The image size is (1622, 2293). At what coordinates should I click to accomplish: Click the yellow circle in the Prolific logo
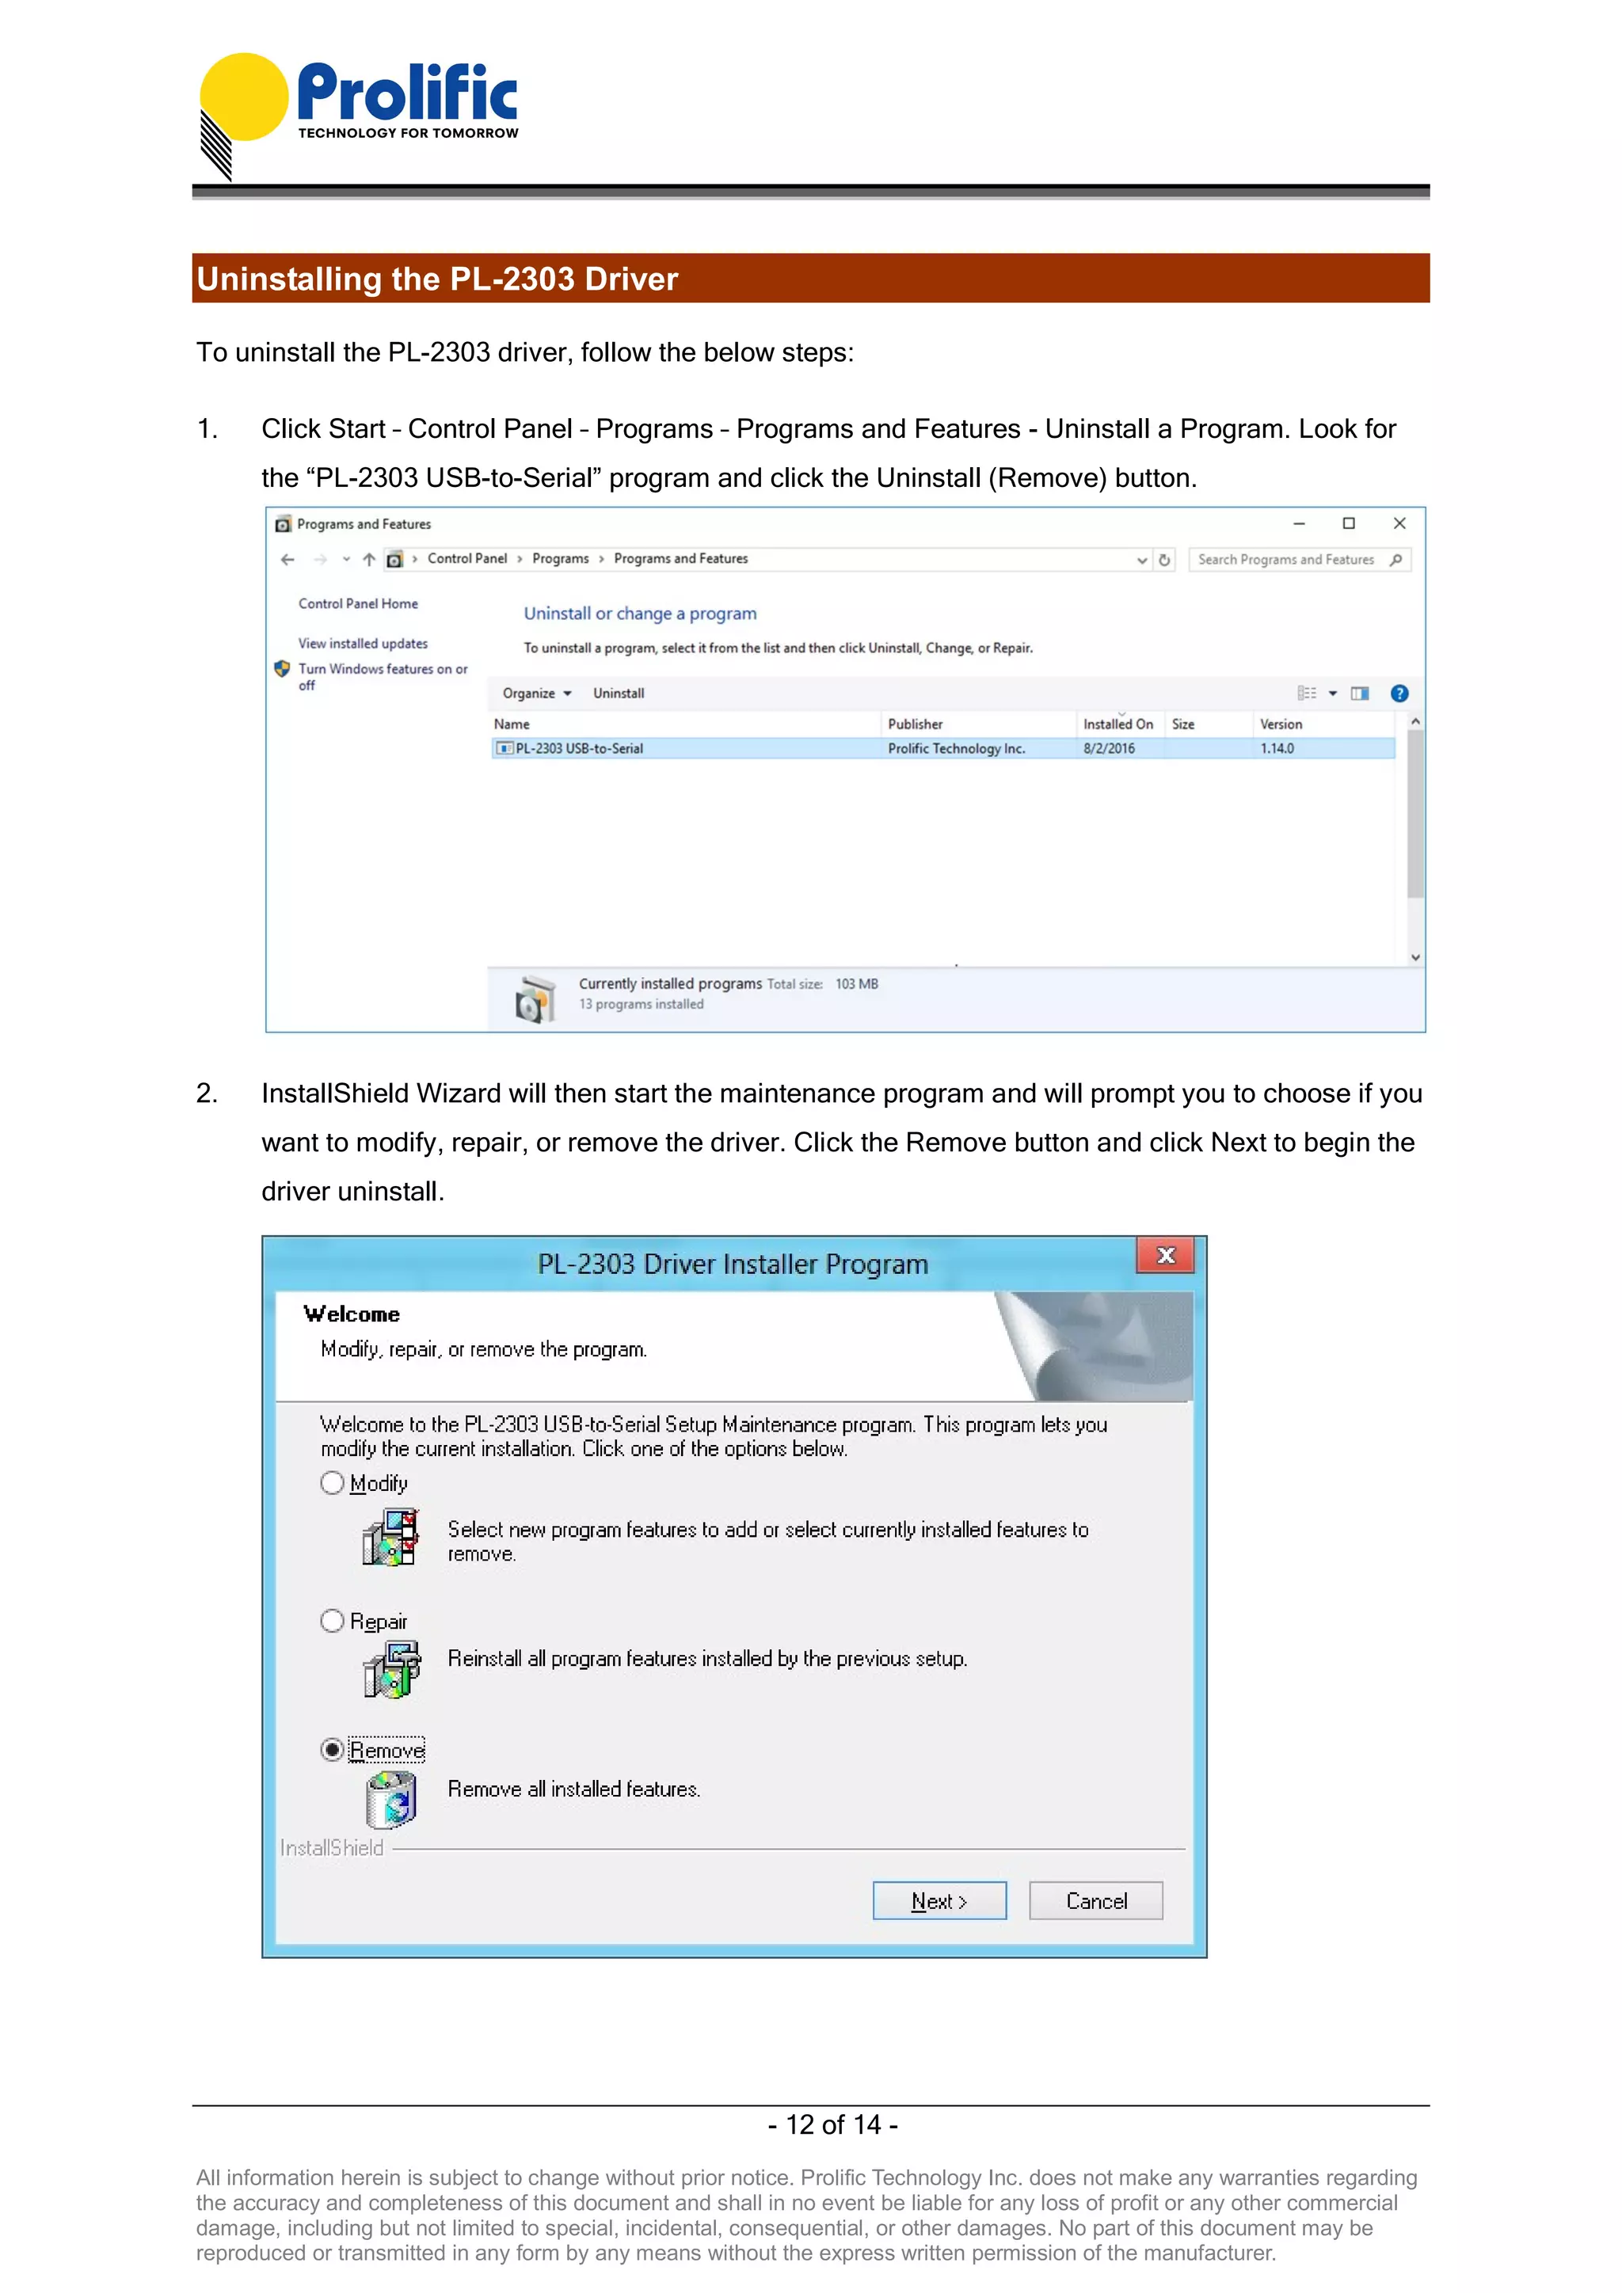pos(244,96)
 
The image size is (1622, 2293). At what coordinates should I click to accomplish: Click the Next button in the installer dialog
pos(939,1900)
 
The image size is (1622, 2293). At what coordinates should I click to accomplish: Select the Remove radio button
pos(333,1750)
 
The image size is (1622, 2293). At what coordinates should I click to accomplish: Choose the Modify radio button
pos(333,1482)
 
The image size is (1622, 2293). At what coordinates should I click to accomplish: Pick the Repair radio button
pos(333,1620)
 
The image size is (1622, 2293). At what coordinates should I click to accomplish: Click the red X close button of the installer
pos(1164,1255)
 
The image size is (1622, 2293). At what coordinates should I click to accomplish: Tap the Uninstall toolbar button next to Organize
pos(619,693)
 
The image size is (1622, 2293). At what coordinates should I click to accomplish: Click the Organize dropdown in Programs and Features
pos(536,693)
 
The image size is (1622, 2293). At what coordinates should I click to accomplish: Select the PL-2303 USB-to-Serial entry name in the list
pos(578,748)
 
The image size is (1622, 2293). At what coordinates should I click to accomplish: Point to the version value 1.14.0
pos(1277,748)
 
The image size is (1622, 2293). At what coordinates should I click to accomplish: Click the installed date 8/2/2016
pos(1109,748)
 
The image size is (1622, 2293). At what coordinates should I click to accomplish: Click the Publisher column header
pos(915,724)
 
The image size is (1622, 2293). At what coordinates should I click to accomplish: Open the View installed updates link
pos(363,643)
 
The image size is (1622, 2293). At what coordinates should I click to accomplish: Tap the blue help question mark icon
pos(1399,693)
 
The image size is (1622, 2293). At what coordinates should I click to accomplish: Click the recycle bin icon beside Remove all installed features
pos(390,1799)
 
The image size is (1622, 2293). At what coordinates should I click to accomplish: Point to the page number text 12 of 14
pos(833,2124)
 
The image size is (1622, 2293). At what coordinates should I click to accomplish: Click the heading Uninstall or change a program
pos(640,613)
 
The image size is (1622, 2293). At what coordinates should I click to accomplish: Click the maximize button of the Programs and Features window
pos(1348,523)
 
